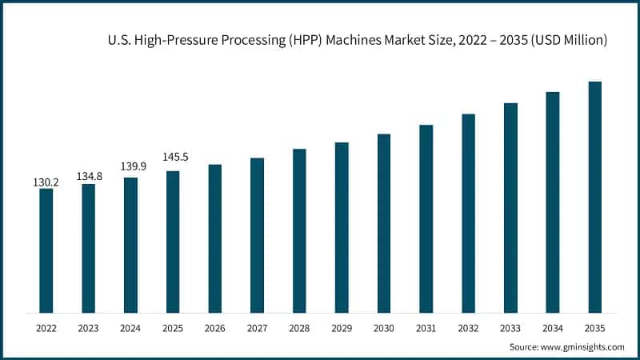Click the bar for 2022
tap(46, 250)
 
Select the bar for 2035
tap(594, 197)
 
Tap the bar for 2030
tap(384, 223)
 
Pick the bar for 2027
tap(257, 235)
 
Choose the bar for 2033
tap(510, 208)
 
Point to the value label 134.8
tap(89, 176)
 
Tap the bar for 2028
tap(299, 230)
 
